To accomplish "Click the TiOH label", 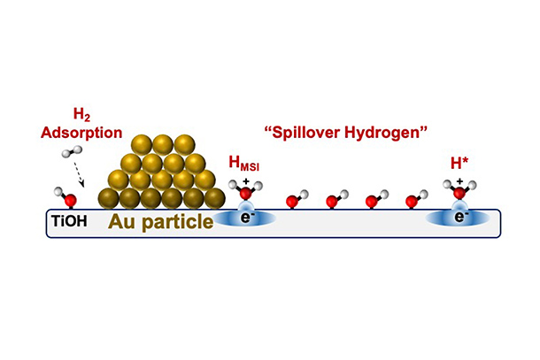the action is click(69, 220).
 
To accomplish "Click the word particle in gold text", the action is click(178, 223).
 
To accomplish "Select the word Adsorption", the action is click(81, 133).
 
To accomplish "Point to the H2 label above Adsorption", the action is click(81, 115).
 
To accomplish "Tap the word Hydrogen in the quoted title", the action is click(386, 132).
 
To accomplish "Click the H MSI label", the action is click(243, 163).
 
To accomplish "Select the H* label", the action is click(459, 163).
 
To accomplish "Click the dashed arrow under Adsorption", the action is click(79, 173).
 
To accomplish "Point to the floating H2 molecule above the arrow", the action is click(73, 151).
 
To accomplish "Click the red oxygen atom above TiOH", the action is click(70, 200).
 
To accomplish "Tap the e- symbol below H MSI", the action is click(245, 218).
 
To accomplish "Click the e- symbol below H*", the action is click(459, 217).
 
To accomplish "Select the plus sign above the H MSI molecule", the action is click(246, 181).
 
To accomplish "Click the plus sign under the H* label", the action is click(459, 181).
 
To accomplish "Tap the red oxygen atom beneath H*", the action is click(459, 193).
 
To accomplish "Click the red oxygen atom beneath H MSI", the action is click(245, 194).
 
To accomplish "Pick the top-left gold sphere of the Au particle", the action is click(142, 145).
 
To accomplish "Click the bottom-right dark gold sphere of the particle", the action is click(215, 199).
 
